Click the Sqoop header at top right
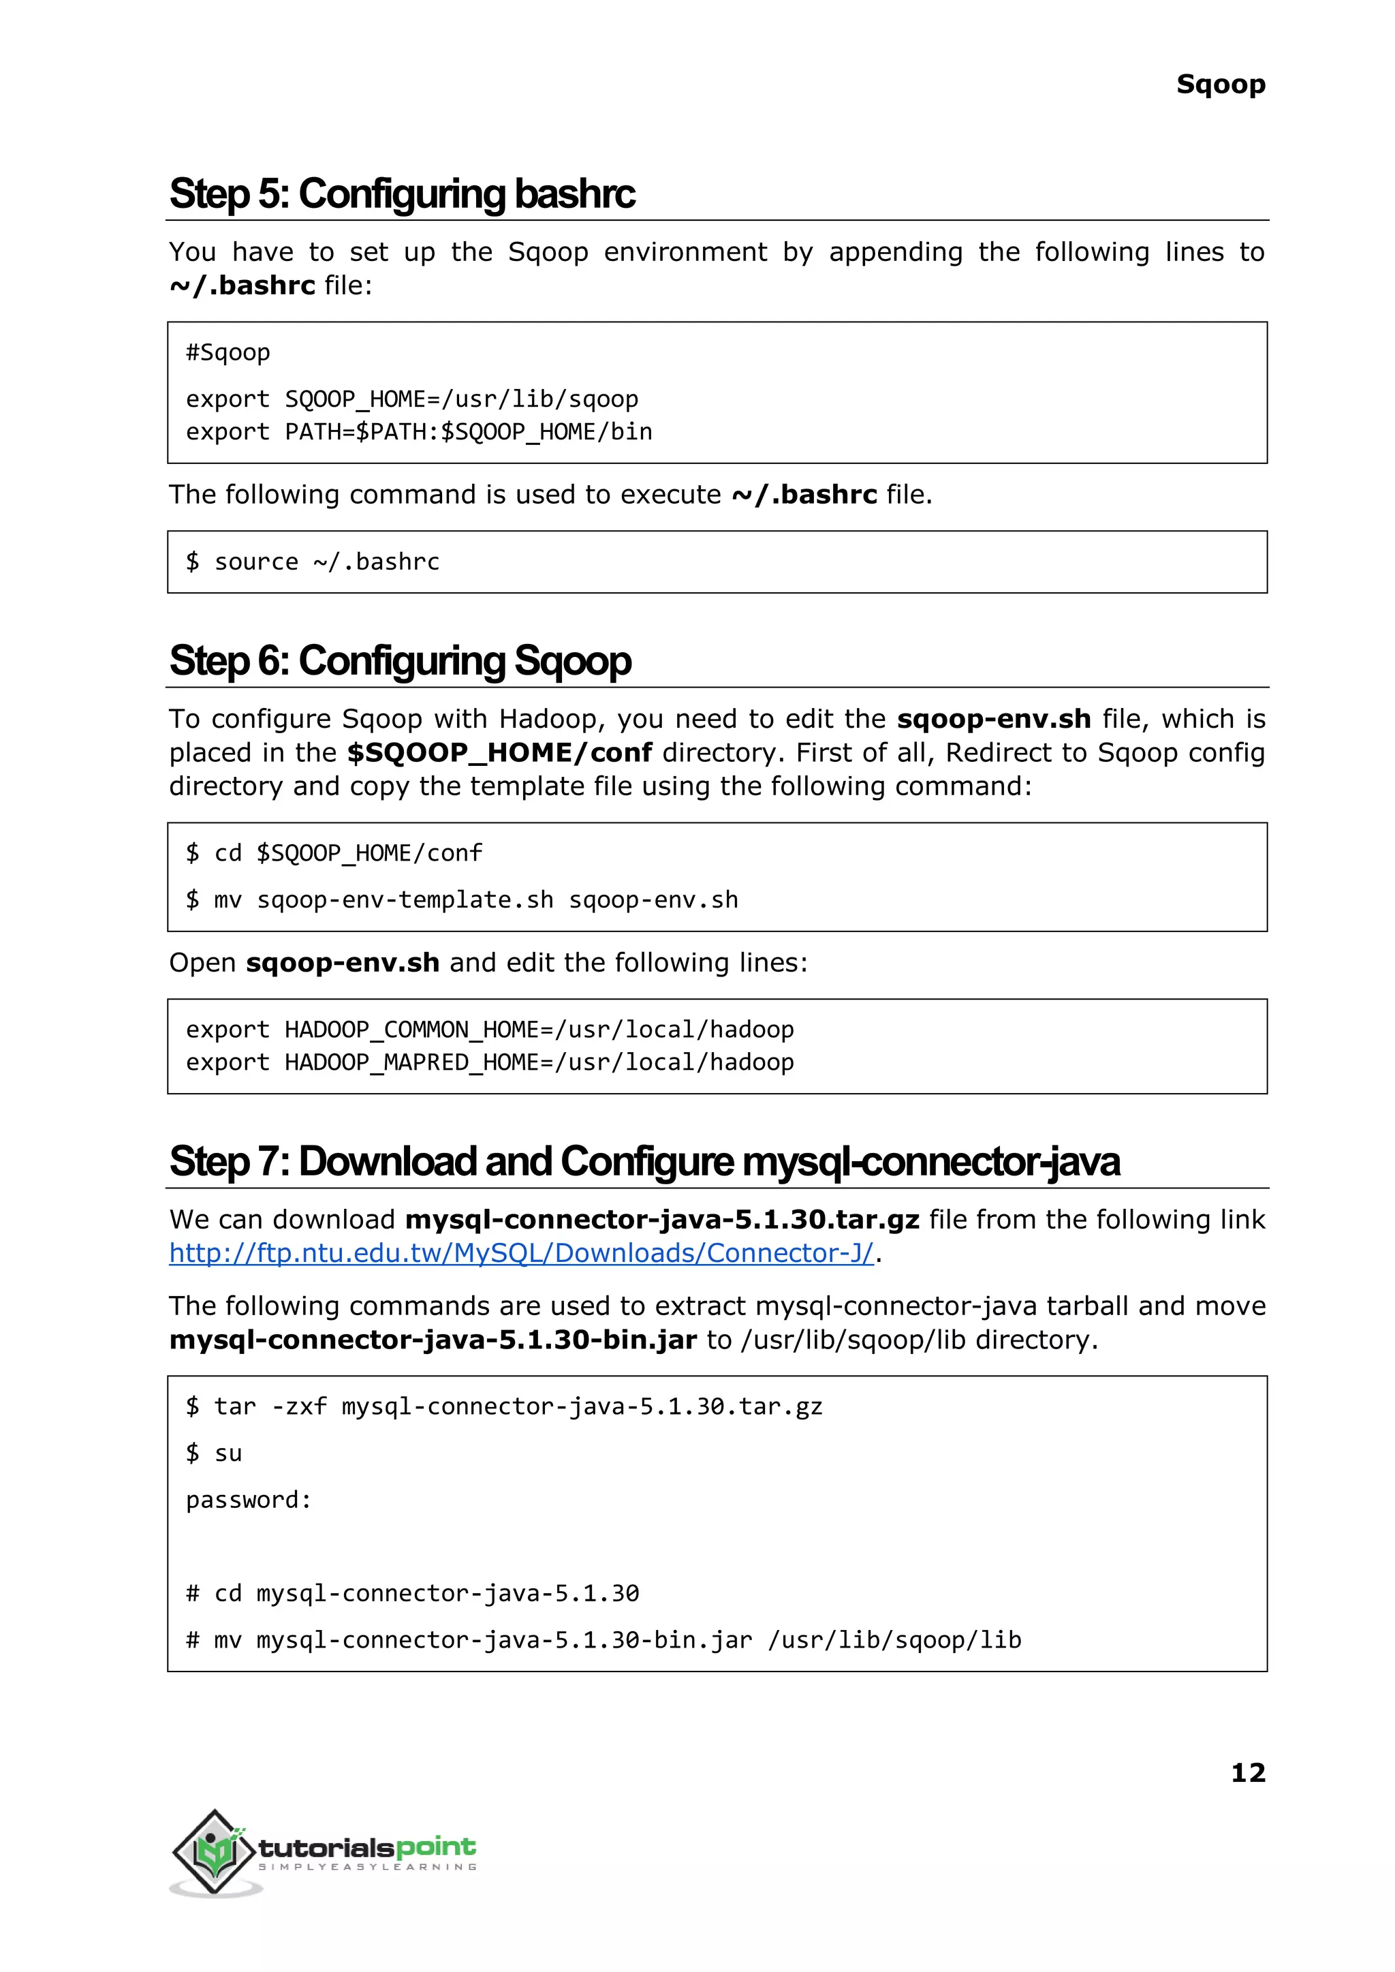click(1220, 84)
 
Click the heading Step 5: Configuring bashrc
click(402, 194)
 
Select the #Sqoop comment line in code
click(228, 352)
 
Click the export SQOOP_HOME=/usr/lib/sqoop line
click(411, 399)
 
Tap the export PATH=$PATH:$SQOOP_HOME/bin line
click(418, 431)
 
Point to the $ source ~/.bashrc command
click(313, 562)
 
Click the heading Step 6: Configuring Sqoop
click(401, 661)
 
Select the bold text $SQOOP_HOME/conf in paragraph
click(499, 753)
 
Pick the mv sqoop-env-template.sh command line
click(462, 899)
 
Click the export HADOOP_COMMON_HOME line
click(490, 1030)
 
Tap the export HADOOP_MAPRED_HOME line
click(490, 1062)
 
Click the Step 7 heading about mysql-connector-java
click(644, 1162)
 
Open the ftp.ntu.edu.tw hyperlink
click(520, 1254)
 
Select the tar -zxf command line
click(504, 1406)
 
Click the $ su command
click(215, 1453)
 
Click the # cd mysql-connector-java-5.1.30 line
click(412, 1593)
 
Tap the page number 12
click(1247, 1772)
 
